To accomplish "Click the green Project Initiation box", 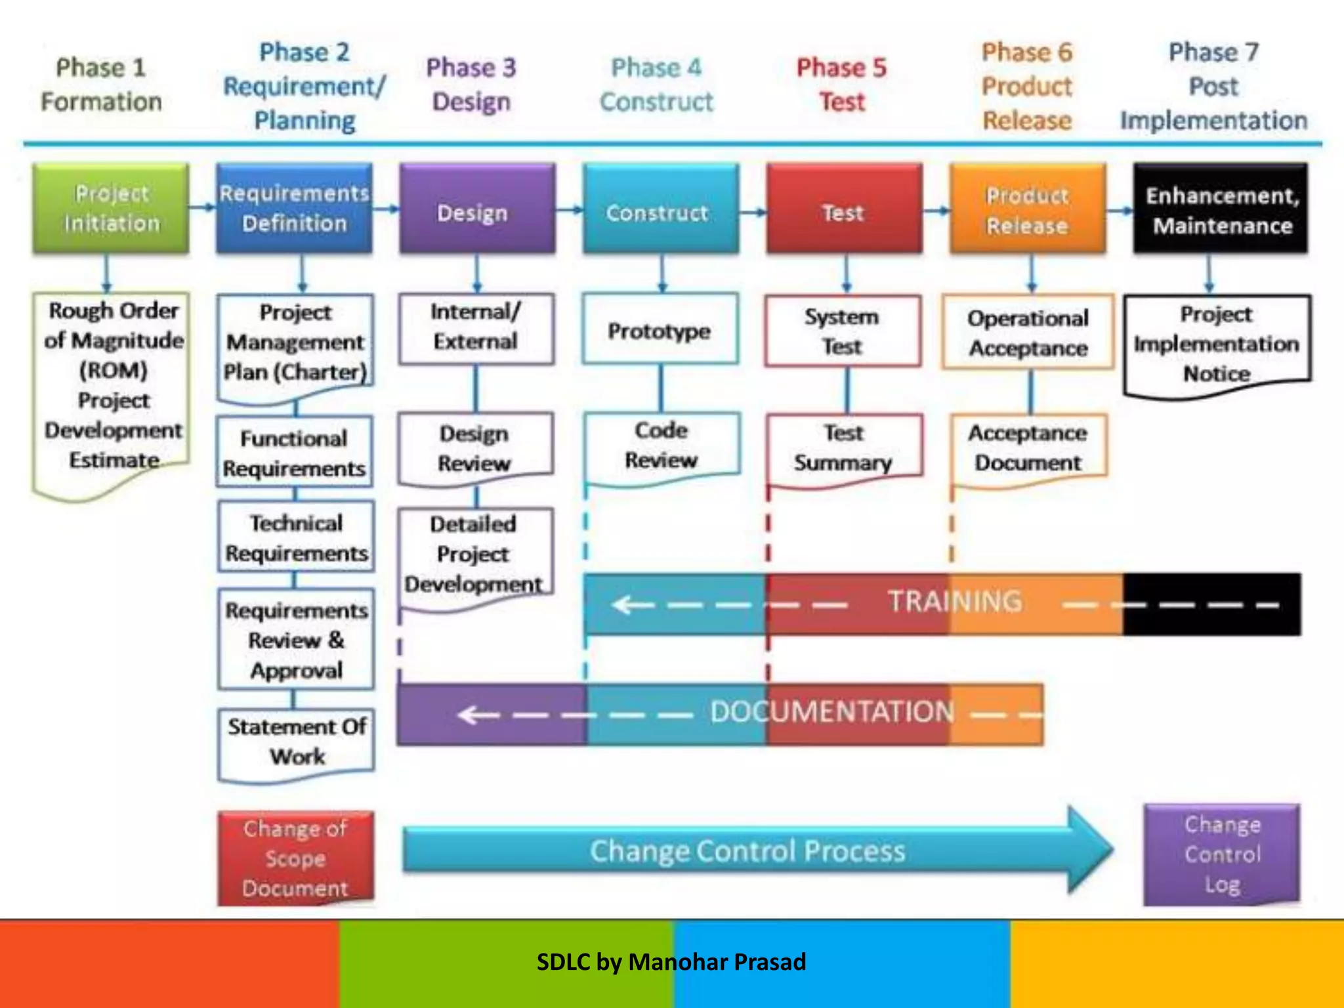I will tap(111, 208).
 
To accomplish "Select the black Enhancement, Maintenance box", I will tap(1221, 210).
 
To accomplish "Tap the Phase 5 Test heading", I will tap(841, 85).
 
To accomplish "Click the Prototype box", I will tap(660, 330).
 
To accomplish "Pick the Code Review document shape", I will tap(661, 446).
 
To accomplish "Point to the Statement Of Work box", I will tap(297, 742).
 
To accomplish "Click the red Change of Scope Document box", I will tap(295, 858).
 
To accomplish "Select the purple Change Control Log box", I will tap(1222, 854).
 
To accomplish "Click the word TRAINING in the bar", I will tap(955, 601).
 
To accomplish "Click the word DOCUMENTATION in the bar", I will tap(832, 712).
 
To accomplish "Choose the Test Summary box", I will tap(843, 448).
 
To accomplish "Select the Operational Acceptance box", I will tap(1028, 332).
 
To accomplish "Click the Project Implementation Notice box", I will tap(1217, 343).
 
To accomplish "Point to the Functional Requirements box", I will tap(294, 453).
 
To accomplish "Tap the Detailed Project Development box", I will tap(474, 555).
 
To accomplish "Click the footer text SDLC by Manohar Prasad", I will tap(671, 962).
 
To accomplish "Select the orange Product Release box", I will tap(1027, 210).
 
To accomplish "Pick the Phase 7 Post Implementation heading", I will tap(1213, 86).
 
